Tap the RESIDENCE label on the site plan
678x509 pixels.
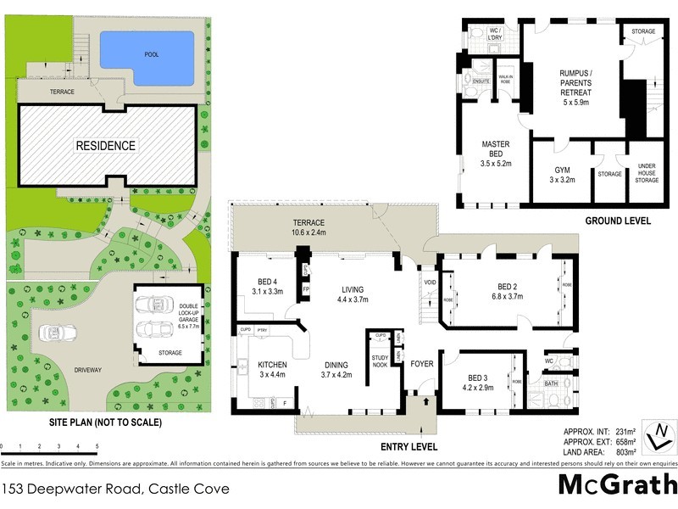[x=106, y=145]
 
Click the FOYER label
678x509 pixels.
[x=422, y=366]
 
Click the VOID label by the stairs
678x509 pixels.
[x=428, y=281]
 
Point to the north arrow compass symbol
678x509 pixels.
[x=658, y=437]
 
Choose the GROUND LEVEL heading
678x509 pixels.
[x=617, y=221]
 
